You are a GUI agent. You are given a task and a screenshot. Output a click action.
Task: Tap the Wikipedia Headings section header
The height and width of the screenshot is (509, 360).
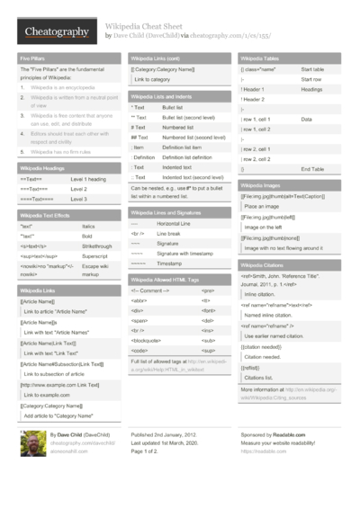point(41,167)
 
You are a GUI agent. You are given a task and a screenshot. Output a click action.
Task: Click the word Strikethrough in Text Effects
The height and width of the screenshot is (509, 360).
point(98,245)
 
